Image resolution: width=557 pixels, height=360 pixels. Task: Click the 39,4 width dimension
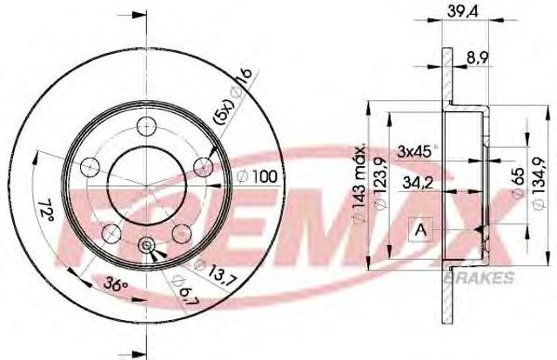[463, 11]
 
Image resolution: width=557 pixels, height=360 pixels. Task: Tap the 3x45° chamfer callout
[417, 151]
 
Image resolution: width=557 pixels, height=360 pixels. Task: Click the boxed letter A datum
[421, 230]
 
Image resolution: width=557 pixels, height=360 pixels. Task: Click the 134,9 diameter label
[540, 183]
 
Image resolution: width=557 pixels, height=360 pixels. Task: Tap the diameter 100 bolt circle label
[258, 177]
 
